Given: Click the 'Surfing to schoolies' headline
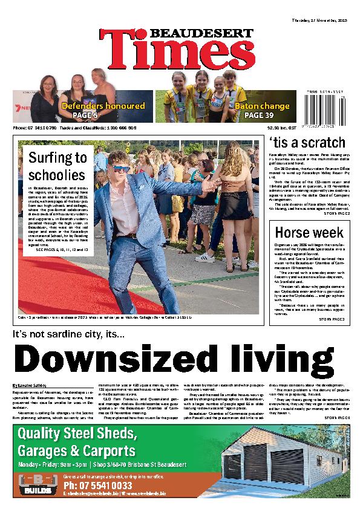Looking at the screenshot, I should pyautogui.click(x=57, y=166).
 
